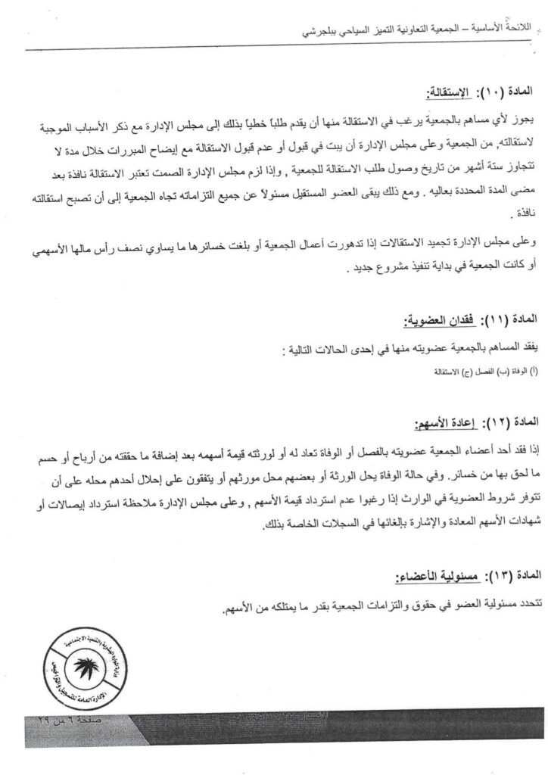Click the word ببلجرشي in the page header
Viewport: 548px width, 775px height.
click(319, 34)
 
